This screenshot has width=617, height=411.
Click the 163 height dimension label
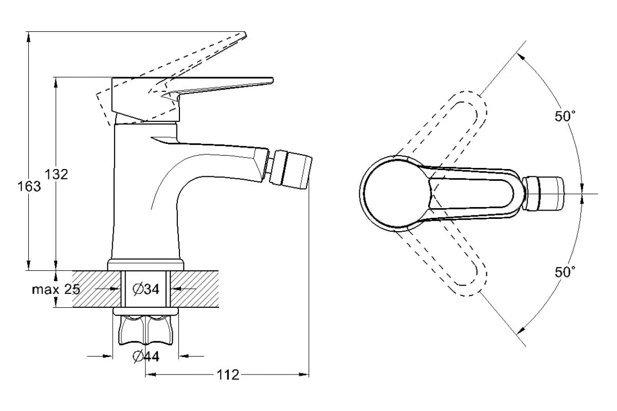pyautogui.click(x=29, y=186)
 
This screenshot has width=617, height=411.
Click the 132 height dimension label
pyautogui.click(x=57, y=175)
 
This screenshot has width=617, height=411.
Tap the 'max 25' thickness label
pyautogui.click(x=56, y=290)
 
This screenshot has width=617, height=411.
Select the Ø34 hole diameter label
pyautogui.click(x=146, y=289)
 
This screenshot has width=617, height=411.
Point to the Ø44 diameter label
pyautogui.click(x=146, y=357)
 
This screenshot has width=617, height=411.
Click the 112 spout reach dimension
pyautogui.click(x=228, y=375)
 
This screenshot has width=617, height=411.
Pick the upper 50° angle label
pyautogui.click(x=565, y=116)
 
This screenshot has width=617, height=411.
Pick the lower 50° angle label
pyautogui.click(x=565, y=272)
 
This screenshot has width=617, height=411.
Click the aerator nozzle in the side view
pyautogui.click(x=291, y=170)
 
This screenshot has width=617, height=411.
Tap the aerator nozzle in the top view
pyautogui.click(x=543, y=194)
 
